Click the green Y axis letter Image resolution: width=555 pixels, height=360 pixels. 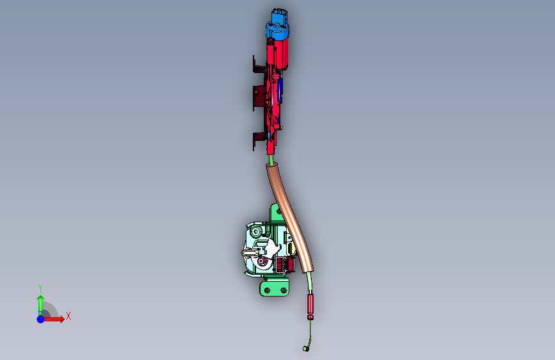point(40,288)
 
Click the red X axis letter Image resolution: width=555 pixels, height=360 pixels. point(68,316)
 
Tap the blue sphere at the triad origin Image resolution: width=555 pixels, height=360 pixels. point(41,319)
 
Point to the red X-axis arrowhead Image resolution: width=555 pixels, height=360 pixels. point(62,319)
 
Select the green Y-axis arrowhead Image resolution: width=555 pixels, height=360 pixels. point(41,299)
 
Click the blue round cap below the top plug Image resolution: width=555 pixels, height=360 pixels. point(278,31)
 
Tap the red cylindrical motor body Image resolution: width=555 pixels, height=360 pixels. point(280,53)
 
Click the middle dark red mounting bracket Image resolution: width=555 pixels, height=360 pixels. point(259,96)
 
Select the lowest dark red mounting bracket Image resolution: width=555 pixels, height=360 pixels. point(259,141)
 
